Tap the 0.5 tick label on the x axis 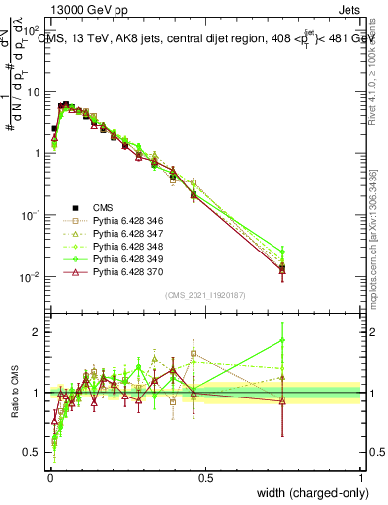pyautogui.click(x=205, y=477)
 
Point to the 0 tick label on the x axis pyautogui.click(x=49, y=477)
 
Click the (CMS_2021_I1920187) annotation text pyautogui.click(x=204, y=295)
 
